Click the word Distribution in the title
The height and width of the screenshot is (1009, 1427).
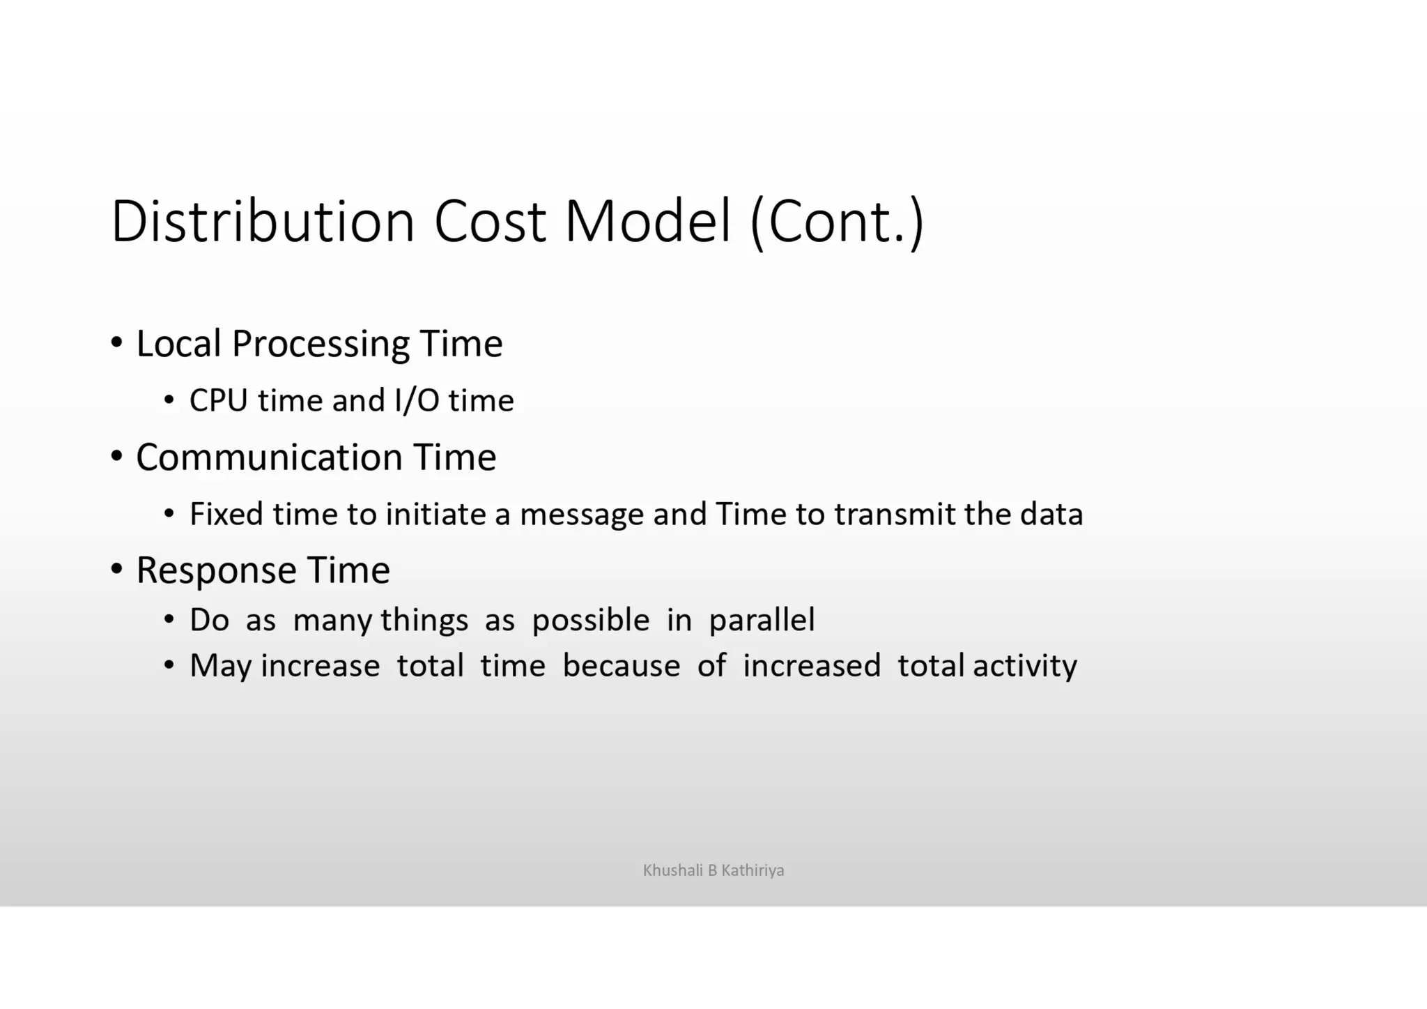point(263,221)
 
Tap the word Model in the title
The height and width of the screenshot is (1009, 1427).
point(647,221)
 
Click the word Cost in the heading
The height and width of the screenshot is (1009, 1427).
point(489,221)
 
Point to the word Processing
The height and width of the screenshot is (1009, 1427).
point(321,344)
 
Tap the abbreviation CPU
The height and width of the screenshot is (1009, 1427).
point(218,401)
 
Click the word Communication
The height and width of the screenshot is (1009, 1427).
point(269,457)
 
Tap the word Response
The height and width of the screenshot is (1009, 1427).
point(216,571)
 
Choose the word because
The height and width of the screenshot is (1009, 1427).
point(621,666)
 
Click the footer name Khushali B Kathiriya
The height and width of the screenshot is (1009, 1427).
point(713,870)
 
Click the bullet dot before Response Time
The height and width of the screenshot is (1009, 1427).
point(117,569)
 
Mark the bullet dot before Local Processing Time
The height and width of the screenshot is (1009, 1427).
point(117,342)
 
